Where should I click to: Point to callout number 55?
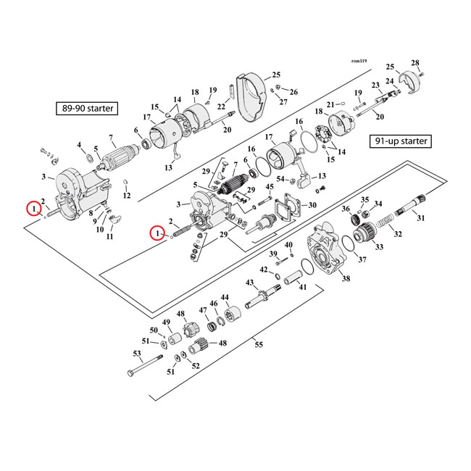(259, 346)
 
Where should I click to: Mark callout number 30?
(312, 205)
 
